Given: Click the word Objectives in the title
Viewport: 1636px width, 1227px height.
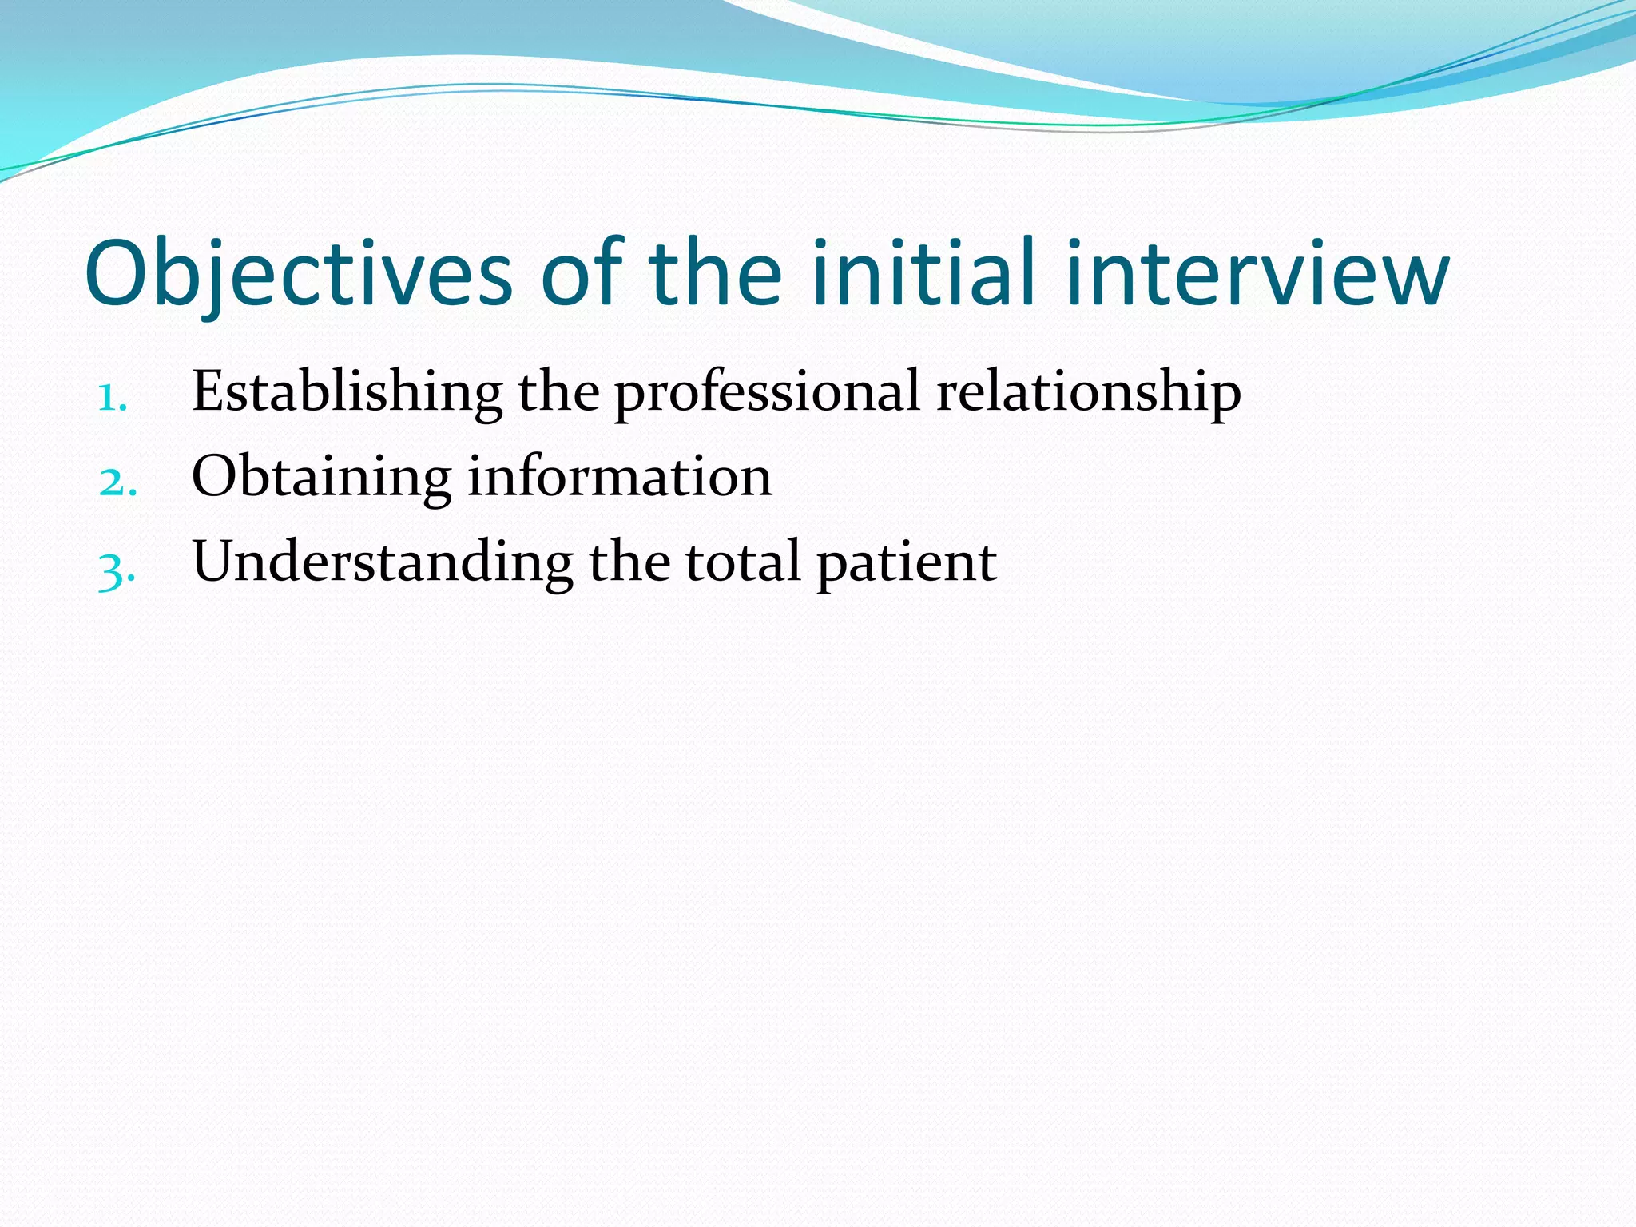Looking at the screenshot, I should click(298, 274).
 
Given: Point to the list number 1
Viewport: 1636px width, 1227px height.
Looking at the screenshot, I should click(112, 397).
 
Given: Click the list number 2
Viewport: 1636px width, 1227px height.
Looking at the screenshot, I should click(117, 482).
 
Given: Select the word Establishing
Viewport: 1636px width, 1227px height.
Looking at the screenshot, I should click(347, 393).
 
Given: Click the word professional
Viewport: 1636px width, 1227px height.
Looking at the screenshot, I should click(767, 393).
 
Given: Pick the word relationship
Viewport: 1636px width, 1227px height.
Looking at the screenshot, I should click(1089, 393).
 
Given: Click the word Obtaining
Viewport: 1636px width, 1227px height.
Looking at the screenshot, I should click(321, 478).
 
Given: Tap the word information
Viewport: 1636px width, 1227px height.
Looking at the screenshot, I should click(620, 478).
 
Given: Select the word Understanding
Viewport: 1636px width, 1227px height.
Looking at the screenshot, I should click(383, 563).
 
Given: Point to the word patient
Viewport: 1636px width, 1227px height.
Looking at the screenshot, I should click(907, 564).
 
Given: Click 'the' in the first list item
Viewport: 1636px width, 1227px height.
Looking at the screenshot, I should click(558, 393).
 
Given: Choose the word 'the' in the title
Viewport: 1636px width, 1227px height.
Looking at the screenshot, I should click(715, 274).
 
